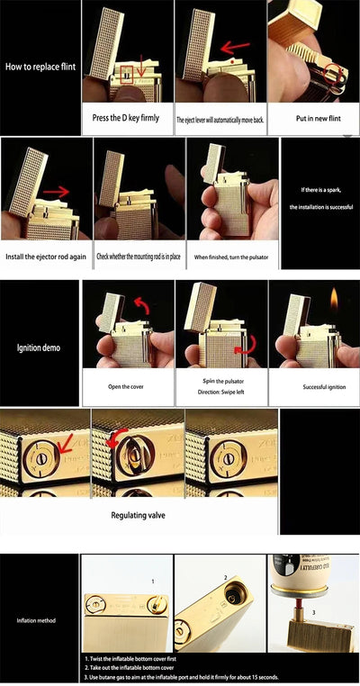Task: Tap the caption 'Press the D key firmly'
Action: click(x=126, y=118)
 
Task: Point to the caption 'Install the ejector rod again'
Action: click(x=45, y=257)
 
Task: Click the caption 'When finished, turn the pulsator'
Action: click(x=231, y=257)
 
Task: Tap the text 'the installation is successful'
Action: click(x=319, y=207)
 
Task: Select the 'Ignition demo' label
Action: click(x=40, y=347)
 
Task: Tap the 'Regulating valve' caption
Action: click(x=139, y=516)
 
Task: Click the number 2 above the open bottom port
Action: click(x=225, y=578)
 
